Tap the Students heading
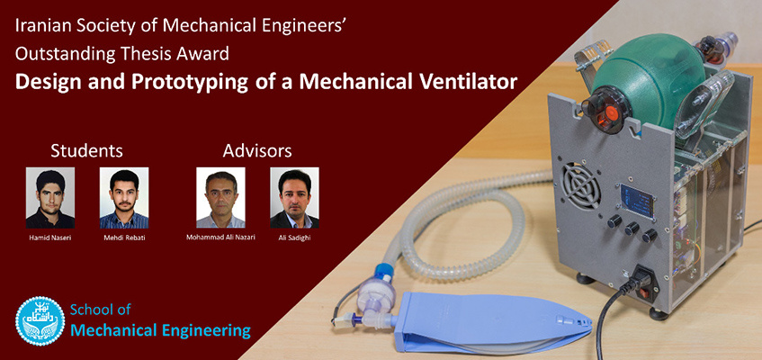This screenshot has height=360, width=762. pyautogui.click(x=86, y=151)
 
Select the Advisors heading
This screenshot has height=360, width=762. pyautogui.click(x=257, y=151)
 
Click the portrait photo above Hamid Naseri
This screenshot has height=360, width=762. pyautogui.click(x=50, y=198)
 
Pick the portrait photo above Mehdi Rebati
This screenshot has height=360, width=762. pyautogui.click(x=124, y=198)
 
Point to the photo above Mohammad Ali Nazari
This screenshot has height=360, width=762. pyautogui.click(x=220, y=198)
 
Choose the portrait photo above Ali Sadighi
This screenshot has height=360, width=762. pyautogui.click(x=294, y=198)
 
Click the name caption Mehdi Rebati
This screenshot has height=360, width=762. pyautogui.click(x=124, y=238)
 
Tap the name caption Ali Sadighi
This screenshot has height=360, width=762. pyautogui.click(x=294, y=238)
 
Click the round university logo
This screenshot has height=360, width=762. pyautogui.click(x=40, y=321)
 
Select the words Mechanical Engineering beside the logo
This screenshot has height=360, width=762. pyautogui.click(x=161, y=331)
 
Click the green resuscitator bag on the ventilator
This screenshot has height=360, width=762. pyautogui.click(x=648, y=80)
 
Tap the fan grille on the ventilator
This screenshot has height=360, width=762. pyautogui.click(x=582, y=185)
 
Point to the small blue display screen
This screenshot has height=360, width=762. pyautogui.click(x=637, y=201)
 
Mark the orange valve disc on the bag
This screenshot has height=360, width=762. pyautogui.click(x=612, y=113)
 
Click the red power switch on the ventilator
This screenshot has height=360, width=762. pyautogui.click(x=643, y=293)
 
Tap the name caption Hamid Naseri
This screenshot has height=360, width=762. pyautogui.click(x=50, y=238)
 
